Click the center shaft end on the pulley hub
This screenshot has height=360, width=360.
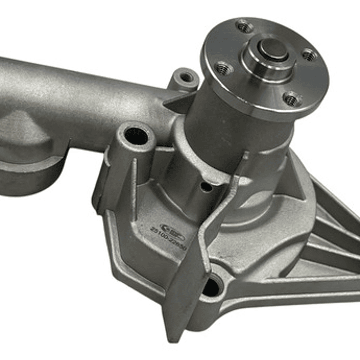[272, 48]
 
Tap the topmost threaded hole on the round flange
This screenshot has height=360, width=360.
[244, 26]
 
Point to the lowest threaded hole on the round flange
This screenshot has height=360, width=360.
[291, 99]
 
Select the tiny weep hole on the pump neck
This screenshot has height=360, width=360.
[206, 187]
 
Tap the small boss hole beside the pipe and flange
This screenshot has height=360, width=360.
[186, 77]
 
